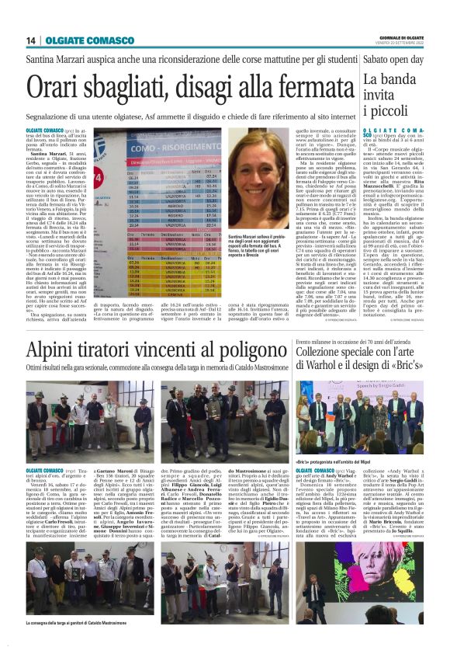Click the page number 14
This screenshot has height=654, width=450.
[32, 40]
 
